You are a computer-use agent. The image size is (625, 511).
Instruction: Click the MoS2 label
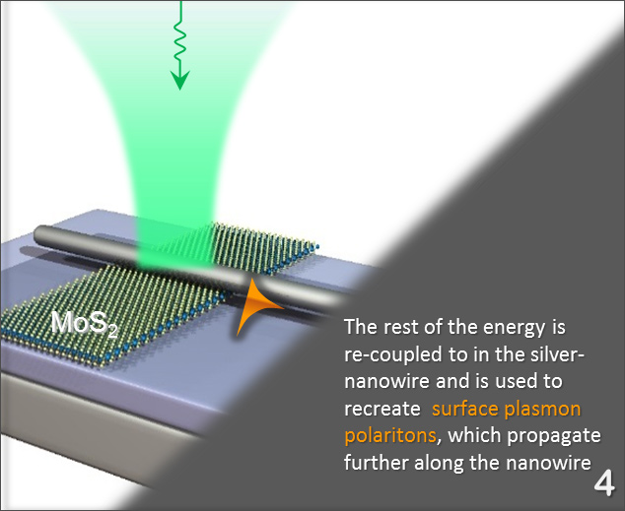[84, 324]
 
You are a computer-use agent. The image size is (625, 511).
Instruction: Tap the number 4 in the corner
[604, 483]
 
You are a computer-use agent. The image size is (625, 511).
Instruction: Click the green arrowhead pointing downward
[179, 80]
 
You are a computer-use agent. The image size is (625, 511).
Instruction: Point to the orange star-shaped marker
[256, 305]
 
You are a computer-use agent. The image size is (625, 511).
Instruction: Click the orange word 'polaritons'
[390, 435]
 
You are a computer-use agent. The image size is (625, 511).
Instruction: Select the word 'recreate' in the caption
[382, 410]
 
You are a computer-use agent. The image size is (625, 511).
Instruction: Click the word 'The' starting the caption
[361, 327]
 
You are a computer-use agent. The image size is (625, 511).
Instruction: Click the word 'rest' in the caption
[400, 328]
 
